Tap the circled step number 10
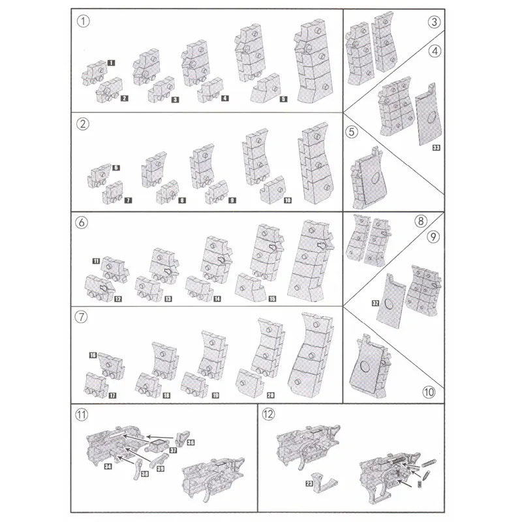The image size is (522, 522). (428, 392)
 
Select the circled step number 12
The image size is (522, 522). (268, 413)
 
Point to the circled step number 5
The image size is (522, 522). (352, 132)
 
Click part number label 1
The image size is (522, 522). (112, 63)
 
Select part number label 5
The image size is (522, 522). (283, 99)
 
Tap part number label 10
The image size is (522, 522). (287, 200)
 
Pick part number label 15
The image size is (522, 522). (271, 299)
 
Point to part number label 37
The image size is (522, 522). (174, 450)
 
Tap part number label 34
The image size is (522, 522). (107, 467)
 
